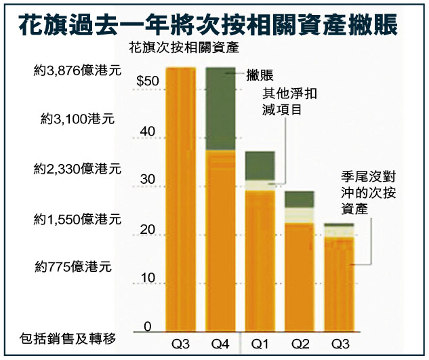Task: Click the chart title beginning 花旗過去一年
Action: coord(214,22)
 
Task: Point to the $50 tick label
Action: coord(147,81)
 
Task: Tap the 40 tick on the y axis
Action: coord(150,132)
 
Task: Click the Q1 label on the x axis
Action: coord(260,344)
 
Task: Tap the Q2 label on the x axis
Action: coord(299,344)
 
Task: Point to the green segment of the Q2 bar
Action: coord(299,199)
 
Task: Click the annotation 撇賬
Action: coord(259,75)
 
